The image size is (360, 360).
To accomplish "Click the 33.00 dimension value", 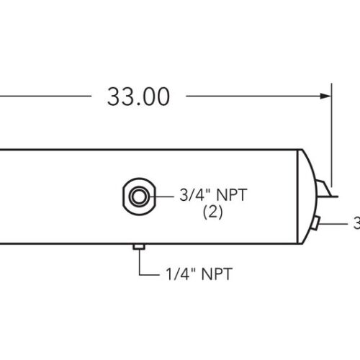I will pyautogui.click(x=138, y=96).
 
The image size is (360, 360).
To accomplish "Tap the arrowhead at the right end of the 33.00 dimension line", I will pyautogui.click(x=325, y=95).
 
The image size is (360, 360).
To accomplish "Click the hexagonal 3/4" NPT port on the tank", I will pyautogui.click(x=137, y=194).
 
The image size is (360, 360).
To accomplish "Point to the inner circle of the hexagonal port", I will pyautogui.click(x=137, y=194).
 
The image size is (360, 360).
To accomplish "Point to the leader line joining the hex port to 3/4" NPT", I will pyautogui.click(x=161, y=194).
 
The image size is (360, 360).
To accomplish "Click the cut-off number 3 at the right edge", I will pyautogui.click(x=356, y=224).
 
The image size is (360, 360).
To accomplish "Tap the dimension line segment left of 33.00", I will pyautogui.click(x=43, y=95).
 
